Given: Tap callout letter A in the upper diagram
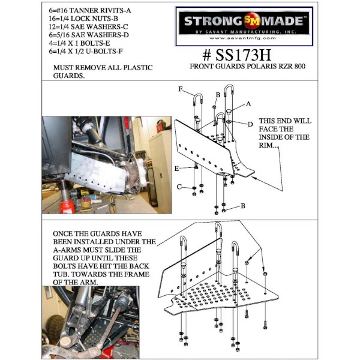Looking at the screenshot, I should pyautogui.click(x=248, y=104).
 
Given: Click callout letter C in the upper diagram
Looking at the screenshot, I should pyautogui.click(x=178, y=187).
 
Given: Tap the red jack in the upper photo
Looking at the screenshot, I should pyautogui.click(x=67, y=205).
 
